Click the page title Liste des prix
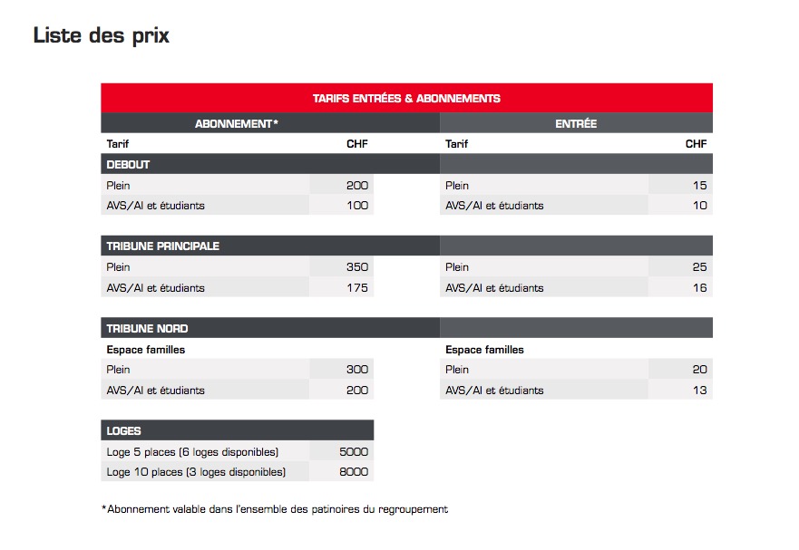(101, 36)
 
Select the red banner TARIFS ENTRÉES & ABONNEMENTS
(406, 98)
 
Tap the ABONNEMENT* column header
(236, 123)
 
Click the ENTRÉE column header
(576, 123)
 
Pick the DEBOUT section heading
(128, 165)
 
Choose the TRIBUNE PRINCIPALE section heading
(162, 246)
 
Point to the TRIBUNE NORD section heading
(147, 328)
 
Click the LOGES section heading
(124, 431)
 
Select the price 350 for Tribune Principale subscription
(357, 267)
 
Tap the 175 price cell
(357, 288)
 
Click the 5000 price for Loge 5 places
(354, 451)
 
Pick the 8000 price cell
(354, 472)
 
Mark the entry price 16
(699, 288)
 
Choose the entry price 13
(699, 391)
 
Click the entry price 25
(699, 267)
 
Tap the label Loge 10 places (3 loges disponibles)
(196, 472)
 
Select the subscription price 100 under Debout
(357, 206)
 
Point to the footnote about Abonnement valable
(275, 509)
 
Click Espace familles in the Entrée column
(484, 350)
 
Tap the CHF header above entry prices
(696, 144)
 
